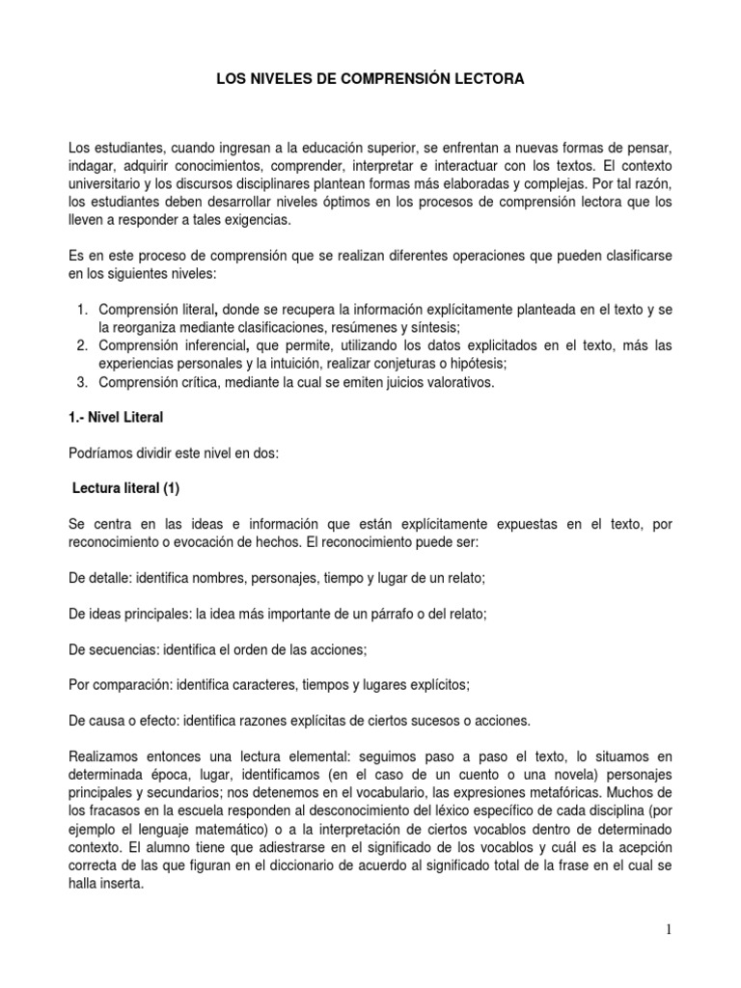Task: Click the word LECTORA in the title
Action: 491,81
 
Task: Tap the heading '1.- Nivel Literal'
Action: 118,418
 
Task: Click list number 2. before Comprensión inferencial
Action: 82,345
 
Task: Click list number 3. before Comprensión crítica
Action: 82,382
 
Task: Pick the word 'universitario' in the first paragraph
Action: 106,183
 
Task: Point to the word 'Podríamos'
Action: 101,453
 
